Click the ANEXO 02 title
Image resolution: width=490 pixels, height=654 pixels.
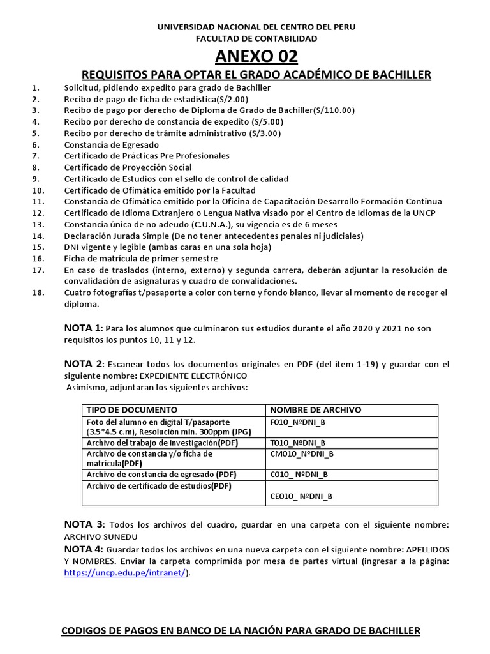tap(256, 57)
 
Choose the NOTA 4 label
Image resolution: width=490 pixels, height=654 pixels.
tap(83, 549)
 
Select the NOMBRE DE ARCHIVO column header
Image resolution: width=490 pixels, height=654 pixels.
tap(316, 409)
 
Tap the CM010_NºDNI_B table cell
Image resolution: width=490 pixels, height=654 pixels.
tap(302, 453)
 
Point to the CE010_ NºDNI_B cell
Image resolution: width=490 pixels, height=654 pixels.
tap(301, 496)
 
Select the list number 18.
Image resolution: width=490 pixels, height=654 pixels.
tap(38, 293)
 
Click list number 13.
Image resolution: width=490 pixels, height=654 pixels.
tap(38, 224)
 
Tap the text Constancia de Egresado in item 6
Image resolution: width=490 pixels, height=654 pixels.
tap(111, 144)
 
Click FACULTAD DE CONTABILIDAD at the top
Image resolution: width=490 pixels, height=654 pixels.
tap(256, 38)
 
